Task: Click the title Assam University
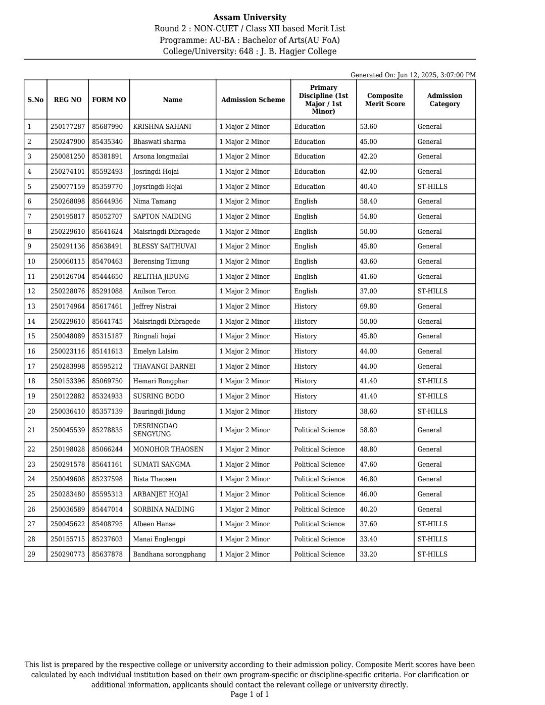250,18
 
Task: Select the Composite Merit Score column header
385,100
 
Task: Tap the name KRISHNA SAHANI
162,127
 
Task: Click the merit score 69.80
368,307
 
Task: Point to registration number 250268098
68,202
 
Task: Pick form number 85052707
107,217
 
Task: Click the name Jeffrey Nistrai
155,307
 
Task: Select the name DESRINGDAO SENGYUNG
155,430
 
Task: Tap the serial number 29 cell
31,555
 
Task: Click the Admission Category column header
444,100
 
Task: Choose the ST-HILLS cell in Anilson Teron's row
432,291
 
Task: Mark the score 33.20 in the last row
368,555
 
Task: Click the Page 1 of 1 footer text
250,694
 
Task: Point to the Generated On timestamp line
413,75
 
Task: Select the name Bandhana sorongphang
169,555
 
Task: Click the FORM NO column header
109,100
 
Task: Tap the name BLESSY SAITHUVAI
165,246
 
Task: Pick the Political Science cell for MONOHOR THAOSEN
319,449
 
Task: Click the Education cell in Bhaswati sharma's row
310,142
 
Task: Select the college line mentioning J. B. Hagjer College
250,52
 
